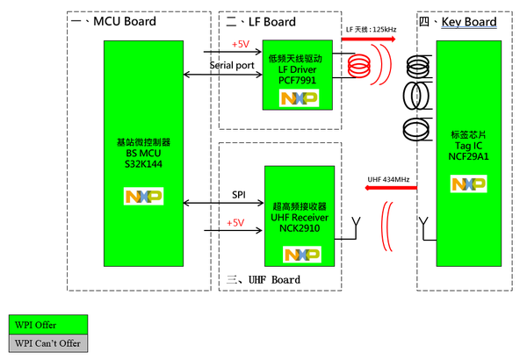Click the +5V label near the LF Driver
240,43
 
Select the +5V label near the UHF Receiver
235,223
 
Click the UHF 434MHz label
389,181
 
